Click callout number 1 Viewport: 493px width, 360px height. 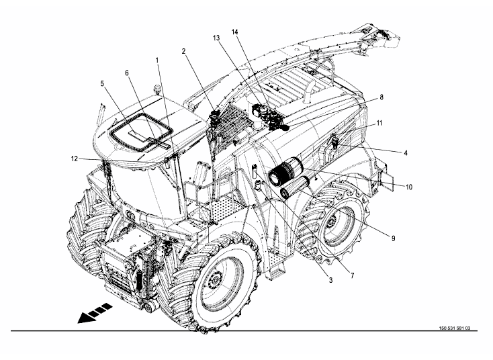157,60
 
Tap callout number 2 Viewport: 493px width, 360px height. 183,51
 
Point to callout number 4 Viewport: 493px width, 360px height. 406,152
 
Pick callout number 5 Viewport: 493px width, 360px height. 102,84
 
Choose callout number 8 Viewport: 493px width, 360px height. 382,97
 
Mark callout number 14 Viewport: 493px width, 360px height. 235,32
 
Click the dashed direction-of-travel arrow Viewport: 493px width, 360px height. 93,314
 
